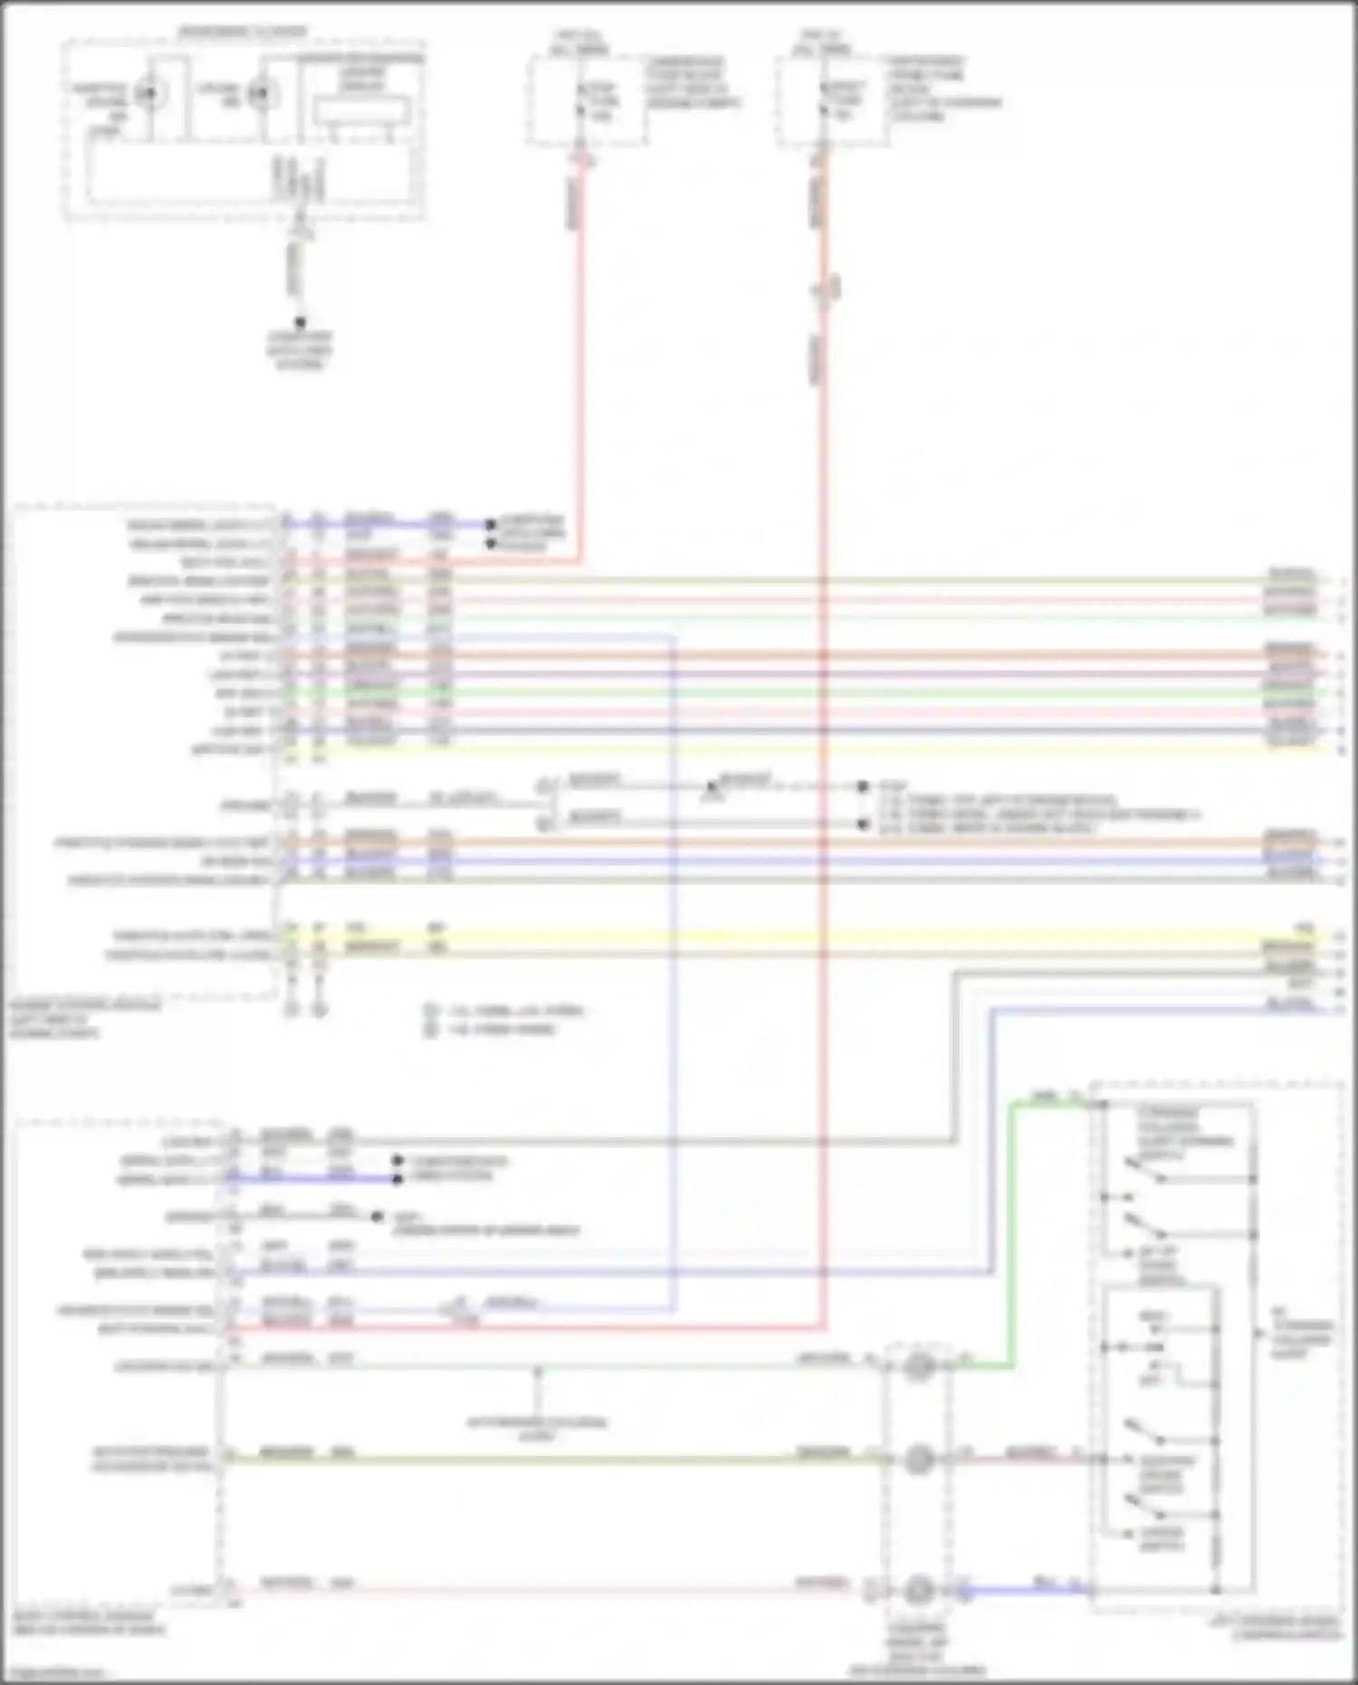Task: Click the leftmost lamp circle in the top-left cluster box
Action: click(145, 94)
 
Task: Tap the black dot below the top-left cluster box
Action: click(301, 322)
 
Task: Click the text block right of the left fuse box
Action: click(693, 83)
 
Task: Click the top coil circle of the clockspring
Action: click(918, 1366)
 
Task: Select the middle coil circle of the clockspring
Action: click(918, 1460)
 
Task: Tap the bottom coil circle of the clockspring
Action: click(918, 1590)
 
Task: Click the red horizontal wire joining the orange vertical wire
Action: click(525, 1329)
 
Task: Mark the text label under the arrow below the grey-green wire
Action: click(537, 1429)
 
